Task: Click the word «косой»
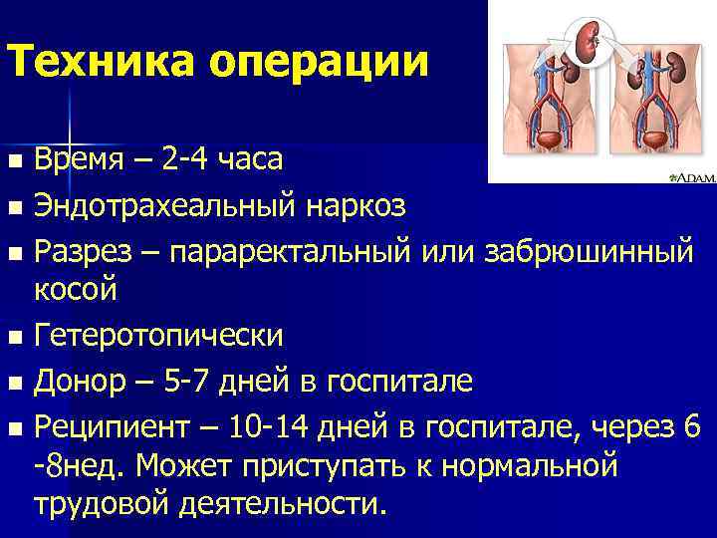coord(76,290)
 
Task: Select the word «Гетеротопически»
coord(158,336)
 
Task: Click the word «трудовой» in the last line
coord(104,503)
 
